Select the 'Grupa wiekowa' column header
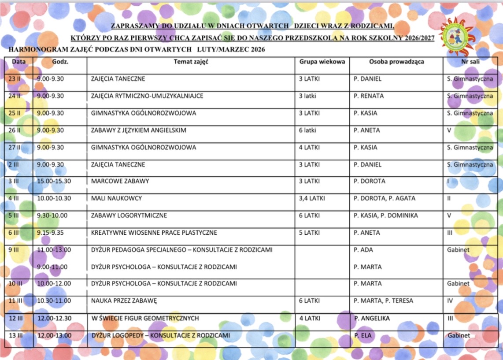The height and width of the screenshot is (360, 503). pos(322,62)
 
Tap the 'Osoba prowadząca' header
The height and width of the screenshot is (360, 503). pos(396,62)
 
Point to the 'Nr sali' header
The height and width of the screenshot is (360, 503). pos(470,62)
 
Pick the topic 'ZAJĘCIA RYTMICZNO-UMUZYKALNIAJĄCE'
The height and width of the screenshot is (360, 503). pos(147,96)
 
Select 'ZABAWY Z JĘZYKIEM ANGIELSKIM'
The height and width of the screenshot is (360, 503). pos(139,130)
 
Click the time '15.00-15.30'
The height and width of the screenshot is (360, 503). pos(53,181)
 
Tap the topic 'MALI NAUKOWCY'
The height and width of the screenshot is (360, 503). pos(116,198)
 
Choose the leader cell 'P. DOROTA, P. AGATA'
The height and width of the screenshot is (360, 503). pos(384,198)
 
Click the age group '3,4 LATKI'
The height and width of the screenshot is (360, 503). pos(312,198)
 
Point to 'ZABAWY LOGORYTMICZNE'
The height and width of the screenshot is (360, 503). pos(129,215)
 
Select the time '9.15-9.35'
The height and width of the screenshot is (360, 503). pos(50,233)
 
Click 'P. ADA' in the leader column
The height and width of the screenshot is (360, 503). pos(363,250)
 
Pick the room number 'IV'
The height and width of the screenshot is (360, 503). pos(450,301)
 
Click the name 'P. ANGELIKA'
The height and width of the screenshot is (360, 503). pos(372,318)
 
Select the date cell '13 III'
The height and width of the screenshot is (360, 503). pos(16,336)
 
